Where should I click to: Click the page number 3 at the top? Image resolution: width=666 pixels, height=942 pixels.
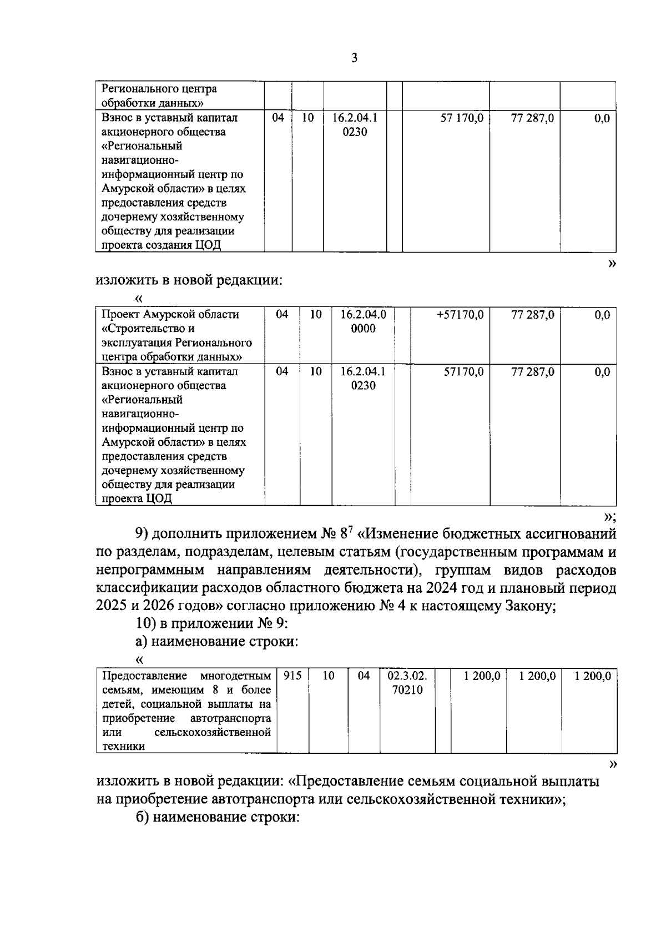(355, 58)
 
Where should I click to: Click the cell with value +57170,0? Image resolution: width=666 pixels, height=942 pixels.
(460, 315)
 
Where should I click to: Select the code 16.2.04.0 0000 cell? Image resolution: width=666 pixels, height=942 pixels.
(363, 321)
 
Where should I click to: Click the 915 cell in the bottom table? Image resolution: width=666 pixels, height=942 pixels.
(292, 676)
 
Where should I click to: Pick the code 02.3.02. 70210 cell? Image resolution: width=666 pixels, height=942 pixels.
(407, 683)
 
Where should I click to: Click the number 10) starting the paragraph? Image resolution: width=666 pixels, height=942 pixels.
(145, 623)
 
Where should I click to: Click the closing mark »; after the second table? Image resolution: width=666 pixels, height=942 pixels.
(609, 517)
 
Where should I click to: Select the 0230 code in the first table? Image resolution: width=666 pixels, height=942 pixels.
(355, 132)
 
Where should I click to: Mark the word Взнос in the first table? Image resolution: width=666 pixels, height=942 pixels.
(117, 118)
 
